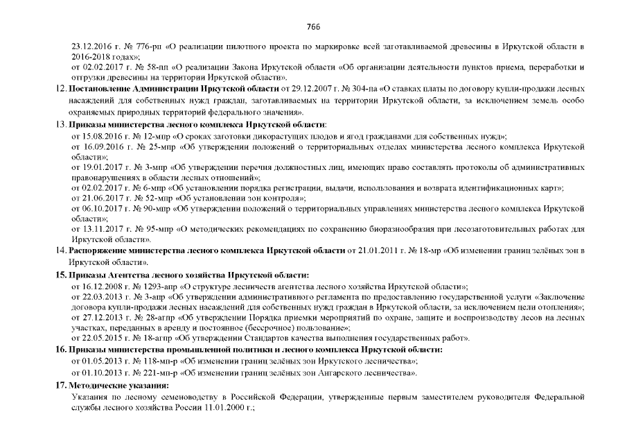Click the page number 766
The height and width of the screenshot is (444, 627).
[x=313, y=26]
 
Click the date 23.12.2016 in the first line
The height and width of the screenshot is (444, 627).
[x=91, y=46]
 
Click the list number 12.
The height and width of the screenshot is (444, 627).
[x=60, y=89]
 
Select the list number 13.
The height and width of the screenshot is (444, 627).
[x=60, y=124]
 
